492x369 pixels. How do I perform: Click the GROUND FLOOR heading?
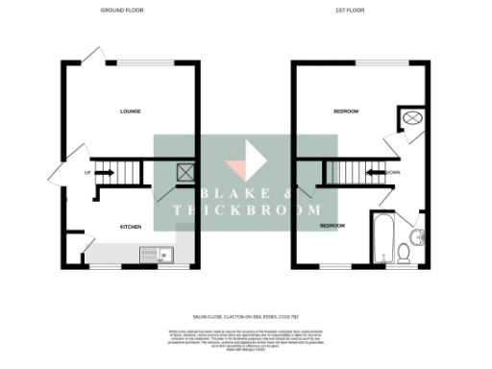(x=131, y=11)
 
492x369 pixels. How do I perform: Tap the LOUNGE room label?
(x=131, y=111)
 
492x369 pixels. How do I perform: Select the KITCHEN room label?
(x=131, y=227)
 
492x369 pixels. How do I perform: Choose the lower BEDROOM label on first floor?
(x=332, y=226)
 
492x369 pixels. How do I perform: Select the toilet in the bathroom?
(x=405, y=253)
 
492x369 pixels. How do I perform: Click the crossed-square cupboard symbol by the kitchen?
(x=184, y=173)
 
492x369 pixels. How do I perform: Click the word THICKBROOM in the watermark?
(x=245, y=210)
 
